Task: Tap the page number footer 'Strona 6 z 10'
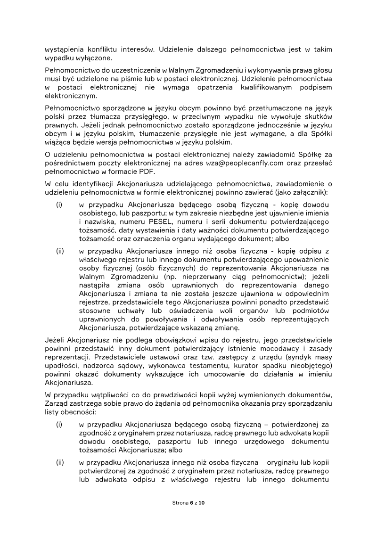(x=188, y=503)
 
